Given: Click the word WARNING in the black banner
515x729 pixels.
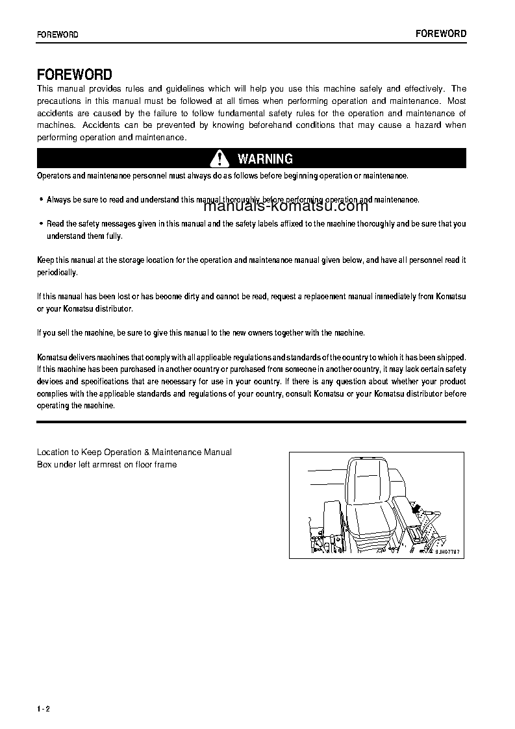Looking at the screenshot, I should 265,159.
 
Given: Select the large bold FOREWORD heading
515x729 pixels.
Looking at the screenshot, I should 75,75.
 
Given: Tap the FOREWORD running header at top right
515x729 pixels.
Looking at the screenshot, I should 441,34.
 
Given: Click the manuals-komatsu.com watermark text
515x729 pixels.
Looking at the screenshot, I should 286,206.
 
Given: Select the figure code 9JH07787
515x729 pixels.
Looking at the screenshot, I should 447,552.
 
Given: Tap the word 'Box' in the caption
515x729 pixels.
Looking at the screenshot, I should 44,465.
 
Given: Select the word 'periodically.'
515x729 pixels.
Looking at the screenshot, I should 57,273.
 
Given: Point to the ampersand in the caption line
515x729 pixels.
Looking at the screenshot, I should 147,452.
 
